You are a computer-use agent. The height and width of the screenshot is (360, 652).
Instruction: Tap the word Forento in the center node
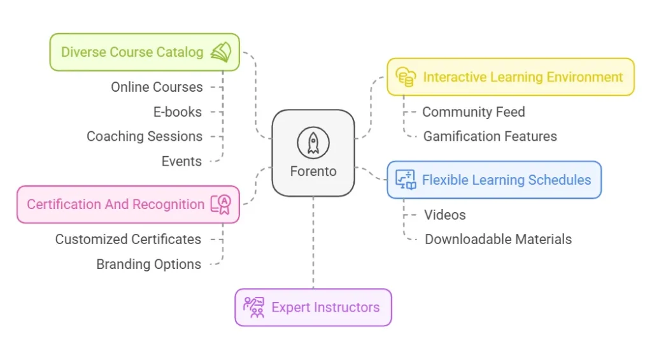tap(313, 171)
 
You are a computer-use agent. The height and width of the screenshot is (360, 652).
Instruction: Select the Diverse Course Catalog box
tap(145, 52)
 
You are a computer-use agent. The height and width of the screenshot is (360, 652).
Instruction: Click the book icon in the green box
tap(221, 52)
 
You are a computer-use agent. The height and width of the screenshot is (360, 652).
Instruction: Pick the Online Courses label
tap(157, 87)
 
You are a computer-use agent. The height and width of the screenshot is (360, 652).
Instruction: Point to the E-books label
tap(177, 112)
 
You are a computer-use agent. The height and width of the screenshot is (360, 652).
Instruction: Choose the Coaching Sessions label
tap(145, 136)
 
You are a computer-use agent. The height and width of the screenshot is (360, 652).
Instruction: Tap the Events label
tap(181, 161)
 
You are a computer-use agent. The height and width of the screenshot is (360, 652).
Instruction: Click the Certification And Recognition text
tap(115, 205)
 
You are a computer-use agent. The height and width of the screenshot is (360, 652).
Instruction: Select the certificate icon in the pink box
tap(222, 205)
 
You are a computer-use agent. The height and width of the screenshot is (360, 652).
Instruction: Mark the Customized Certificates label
tap(128, 240)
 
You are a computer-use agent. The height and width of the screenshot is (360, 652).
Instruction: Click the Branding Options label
tap(148, 264)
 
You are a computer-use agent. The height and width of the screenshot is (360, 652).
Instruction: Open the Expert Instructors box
tap(313, 307)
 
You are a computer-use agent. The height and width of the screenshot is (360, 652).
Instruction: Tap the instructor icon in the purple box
tap(253, 307)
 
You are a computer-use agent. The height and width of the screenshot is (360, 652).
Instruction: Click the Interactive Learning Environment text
tap(523, 77)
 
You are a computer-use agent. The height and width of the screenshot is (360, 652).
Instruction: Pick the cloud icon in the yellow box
tap(406, 77)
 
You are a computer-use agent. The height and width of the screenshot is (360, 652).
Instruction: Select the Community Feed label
tap(474, 112)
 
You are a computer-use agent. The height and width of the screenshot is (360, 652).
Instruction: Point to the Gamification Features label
tap(490, 136)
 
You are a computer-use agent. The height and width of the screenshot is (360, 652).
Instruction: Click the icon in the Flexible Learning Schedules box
tap(406, 180)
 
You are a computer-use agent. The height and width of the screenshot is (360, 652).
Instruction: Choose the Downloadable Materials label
tap(498, 240)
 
